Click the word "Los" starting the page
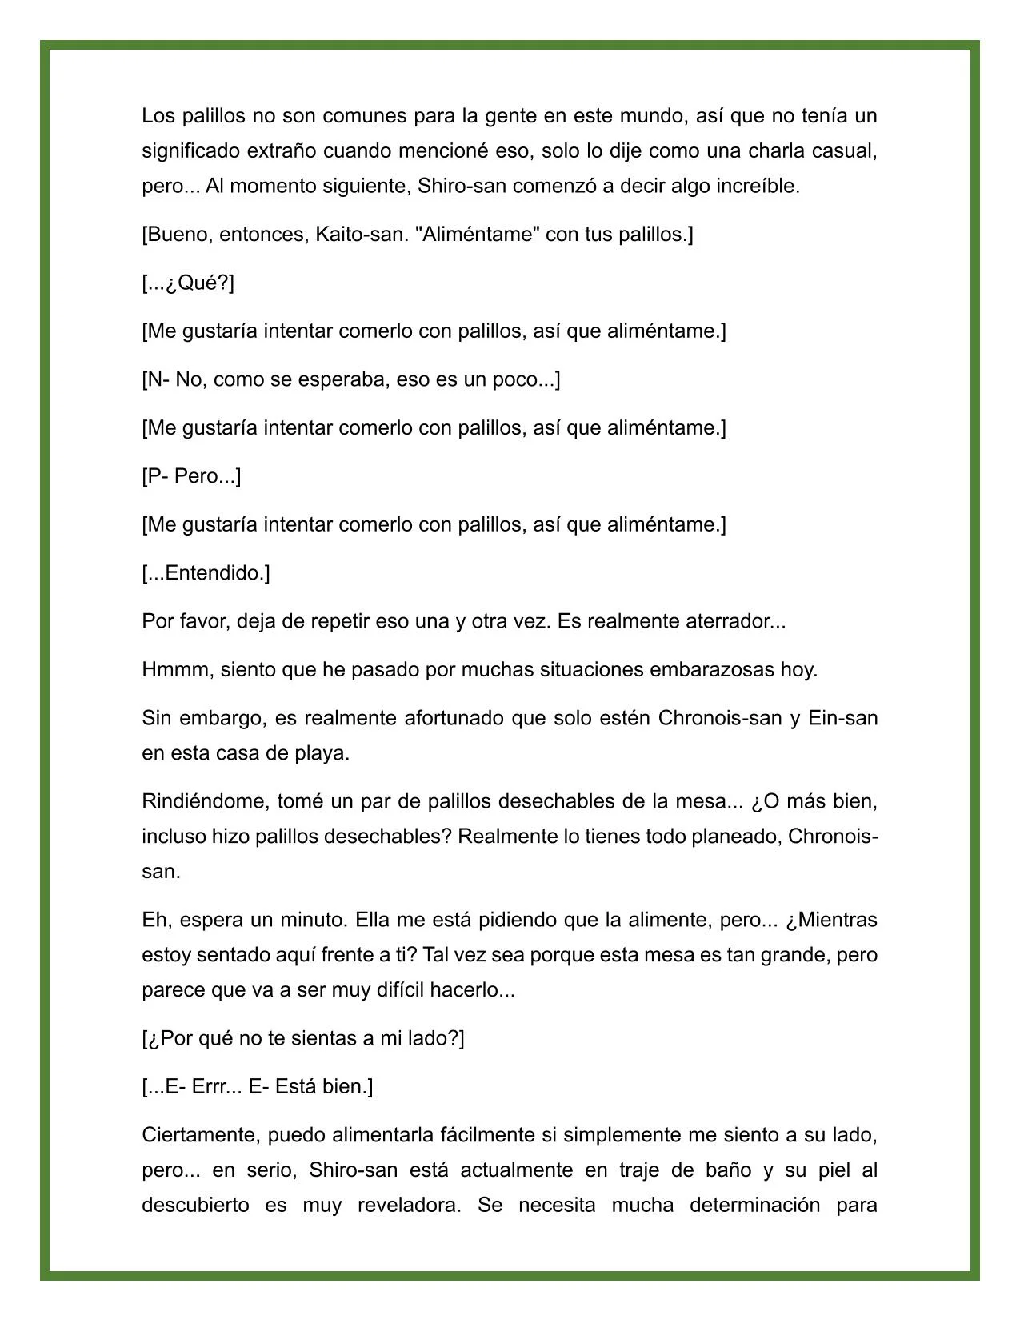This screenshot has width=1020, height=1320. (158, 116)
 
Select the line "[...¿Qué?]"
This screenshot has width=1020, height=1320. (188, 283)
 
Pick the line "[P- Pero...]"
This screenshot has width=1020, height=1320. (191, 476)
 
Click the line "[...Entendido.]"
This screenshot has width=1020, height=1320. (206, 573)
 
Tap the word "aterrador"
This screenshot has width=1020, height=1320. (729, 621)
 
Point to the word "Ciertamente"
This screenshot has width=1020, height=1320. (201, 1135)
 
